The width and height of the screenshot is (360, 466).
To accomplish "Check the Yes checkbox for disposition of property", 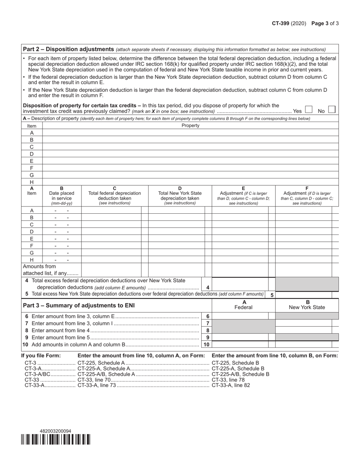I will point(308,109).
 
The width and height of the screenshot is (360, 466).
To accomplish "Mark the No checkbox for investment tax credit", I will point(332,109).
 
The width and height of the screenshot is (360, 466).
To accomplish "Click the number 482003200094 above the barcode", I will point(55,431).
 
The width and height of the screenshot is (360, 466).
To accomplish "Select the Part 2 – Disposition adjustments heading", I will point(69,49).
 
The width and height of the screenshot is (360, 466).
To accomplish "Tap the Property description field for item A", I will point(190,133).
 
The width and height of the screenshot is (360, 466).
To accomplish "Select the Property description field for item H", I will point(190,182).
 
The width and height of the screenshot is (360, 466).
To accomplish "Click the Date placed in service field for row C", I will point(62,225).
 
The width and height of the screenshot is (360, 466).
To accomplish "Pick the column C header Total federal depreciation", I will point(114,195).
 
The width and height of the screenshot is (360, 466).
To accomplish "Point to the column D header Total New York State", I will point(180,195).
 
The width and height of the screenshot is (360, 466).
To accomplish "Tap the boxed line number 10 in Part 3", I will point(207,344).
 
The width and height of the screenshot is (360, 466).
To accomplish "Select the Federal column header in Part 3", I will point(243,305).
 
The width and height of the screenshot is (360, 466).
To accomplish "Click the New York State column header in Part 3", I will point(307,305).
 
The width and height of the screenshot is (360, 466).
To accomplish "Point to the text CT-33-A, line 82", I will point(231,385).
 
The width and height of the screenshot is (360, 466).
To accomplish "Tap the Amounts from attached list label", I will point(51,270).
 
